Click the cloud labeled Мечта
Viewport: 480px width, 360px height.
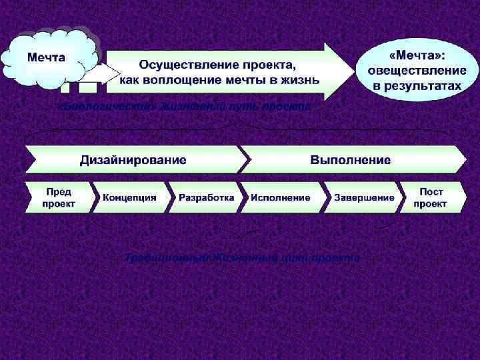tap(47, 57)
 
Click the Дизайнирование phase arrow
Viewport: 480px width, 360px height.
tap(133, 160)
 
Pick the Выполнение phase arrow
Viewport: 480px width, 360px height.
tap(351, 160)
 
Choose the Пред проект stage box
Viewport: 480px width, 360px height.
tap(58, 197)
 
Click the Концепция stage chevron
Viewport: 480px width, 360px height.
tap(129, 197)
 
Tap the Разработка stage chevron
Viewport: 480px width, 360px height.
tap(205, 197)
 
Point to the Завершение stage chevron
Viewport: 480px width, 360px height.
tap(364, 197)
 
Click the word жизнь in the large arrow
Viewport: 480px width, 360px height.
tap(303, 80)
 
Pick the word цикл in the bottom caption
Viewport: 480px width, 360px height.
tap(297, 257)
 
